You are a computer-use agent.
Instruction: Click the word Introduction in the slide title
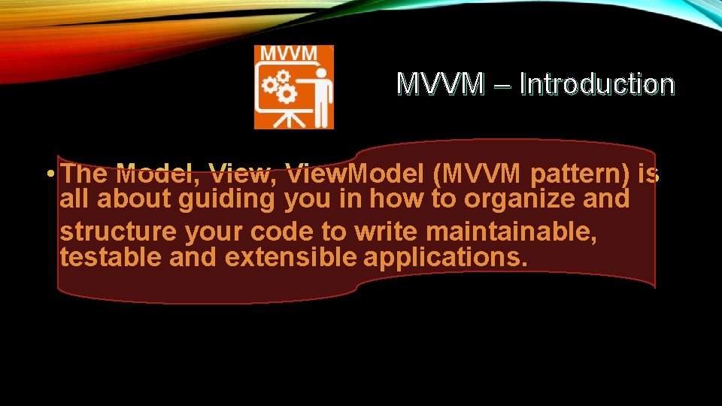[x=596, y=84]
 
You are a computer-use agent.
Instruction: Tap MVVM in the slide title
[x=440, y=84]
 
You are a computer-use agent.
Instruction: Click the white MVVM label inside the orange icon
[x=293, y=55]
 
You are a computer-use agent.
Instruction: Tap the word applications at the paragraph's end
[x=445, y=257]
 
